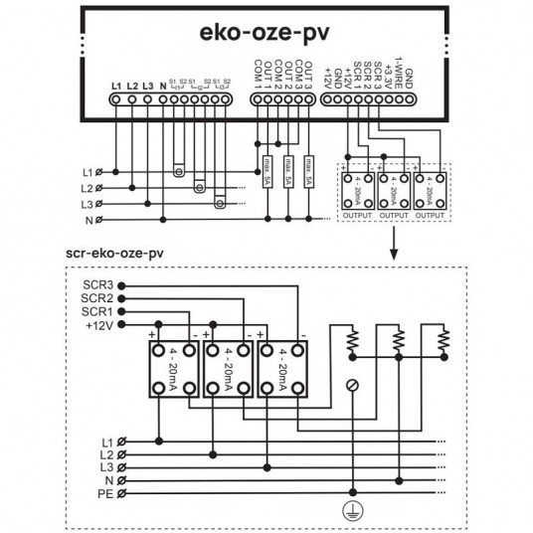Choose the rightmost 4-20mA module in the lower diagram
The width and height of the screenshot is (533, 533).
[x=282, y=370]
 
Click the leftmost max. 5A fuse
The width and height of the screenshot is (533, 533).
[x=266, y=169]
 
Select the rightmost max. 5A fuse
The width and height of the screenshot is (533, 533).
[x=309, y=169]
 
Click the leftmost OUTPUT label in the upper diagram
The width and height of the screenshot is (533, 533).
[x=356, y=213]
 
